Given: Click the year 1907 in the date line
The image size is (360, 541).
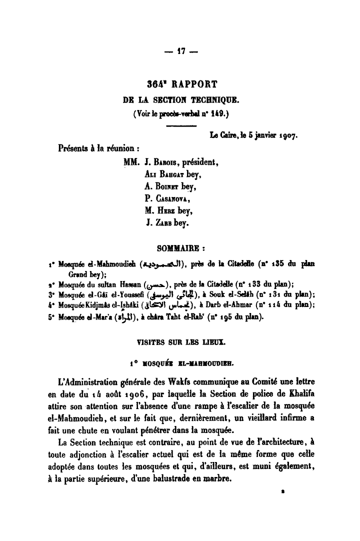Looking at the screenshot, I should tap(286, 134).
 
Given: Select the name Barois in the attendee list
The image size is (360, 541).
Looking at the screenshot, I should tap(164, 163).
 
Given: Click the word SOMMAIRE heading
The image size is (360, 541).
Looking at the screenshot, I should tap(177, 247).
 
